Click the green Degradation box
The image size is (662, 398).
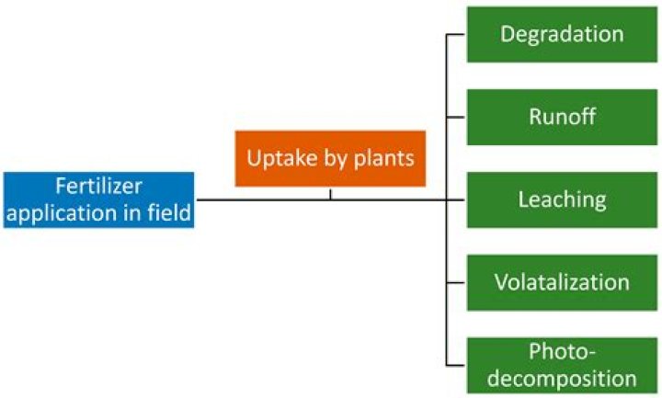(562, 35)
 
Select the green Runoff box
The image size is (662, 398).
(562, 117)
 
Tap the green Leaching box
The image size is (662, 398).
(562, 199)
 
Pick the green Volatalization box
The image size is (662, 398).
(562, 281)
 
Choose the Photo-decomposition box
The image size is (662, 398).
(562, 364)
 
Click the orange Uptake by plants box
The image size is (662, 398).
(330, 158)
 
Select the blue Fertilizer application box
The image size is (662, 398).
(98, 199)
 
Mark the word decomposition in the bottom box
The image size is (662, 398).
(562, 378)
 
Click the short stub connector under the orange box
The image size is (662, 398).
(330, 193)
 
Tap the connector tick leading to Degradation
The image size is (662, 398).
(456, 35)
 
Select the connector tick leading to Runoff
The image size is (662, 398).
(456, 117)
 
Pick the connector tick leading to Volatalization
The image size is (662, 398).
(456, 281)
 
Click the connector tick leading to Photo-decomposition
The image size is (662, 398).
(456, 364)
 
